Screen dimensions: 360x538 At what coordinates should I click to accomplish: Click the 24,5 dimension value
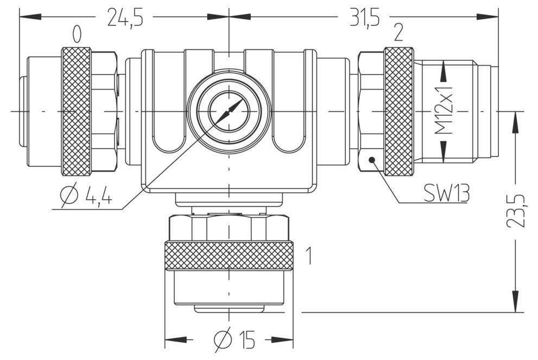pos(125,17)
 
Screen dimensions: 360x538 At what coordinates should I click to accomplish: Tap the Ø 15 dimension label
pos(235,340)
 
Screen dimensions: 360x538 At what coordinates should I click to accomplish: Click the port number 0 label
pos(77,35)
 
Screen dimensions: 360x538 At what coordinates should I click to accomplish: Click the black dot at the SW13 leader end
pos(372,160)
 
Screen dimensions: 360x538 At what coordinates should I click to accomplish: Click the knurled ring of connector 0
pos(76,111)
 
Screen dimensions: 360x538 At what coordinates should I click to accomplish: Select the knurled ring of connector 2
pos(398,111)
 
